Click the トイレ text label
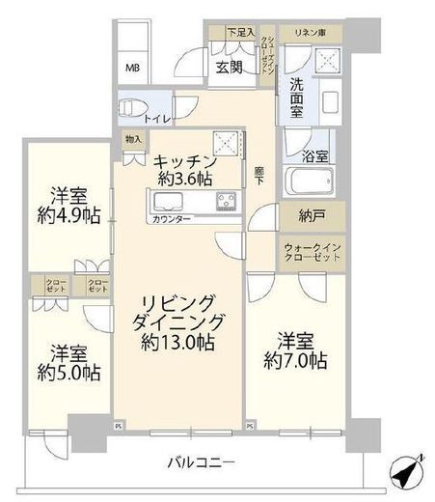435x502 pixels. (157, 119)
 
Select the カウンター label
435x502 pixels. (170, 219)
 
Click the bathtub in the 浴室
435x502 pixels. (309, 181)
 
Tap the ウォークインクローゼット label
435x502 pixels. (313, 254)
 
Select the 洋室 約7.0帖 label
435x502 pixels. (293, 351)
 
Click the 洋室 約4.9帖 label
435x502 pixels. (68, 205)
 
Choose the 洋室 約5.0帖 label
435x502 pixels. (68, 360)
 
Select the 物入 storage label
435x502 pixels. (131, 139)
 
